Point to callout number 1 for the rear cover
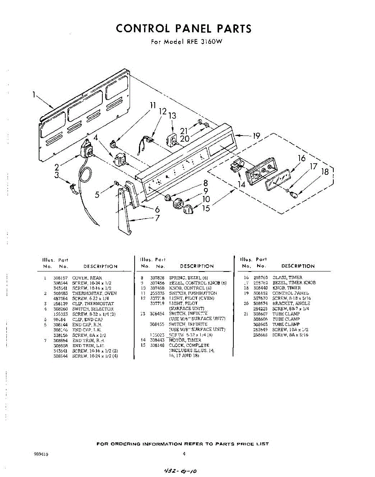point(35,95)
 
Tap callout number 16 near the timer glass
point(302,159)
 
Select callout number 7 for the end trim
point(158,218)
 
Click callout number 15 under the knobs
point(206,207)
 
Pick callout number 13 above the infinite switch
point(172,116)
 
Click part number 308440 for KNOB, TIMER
point(260,288)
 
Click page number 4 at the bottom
point(184,454)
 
